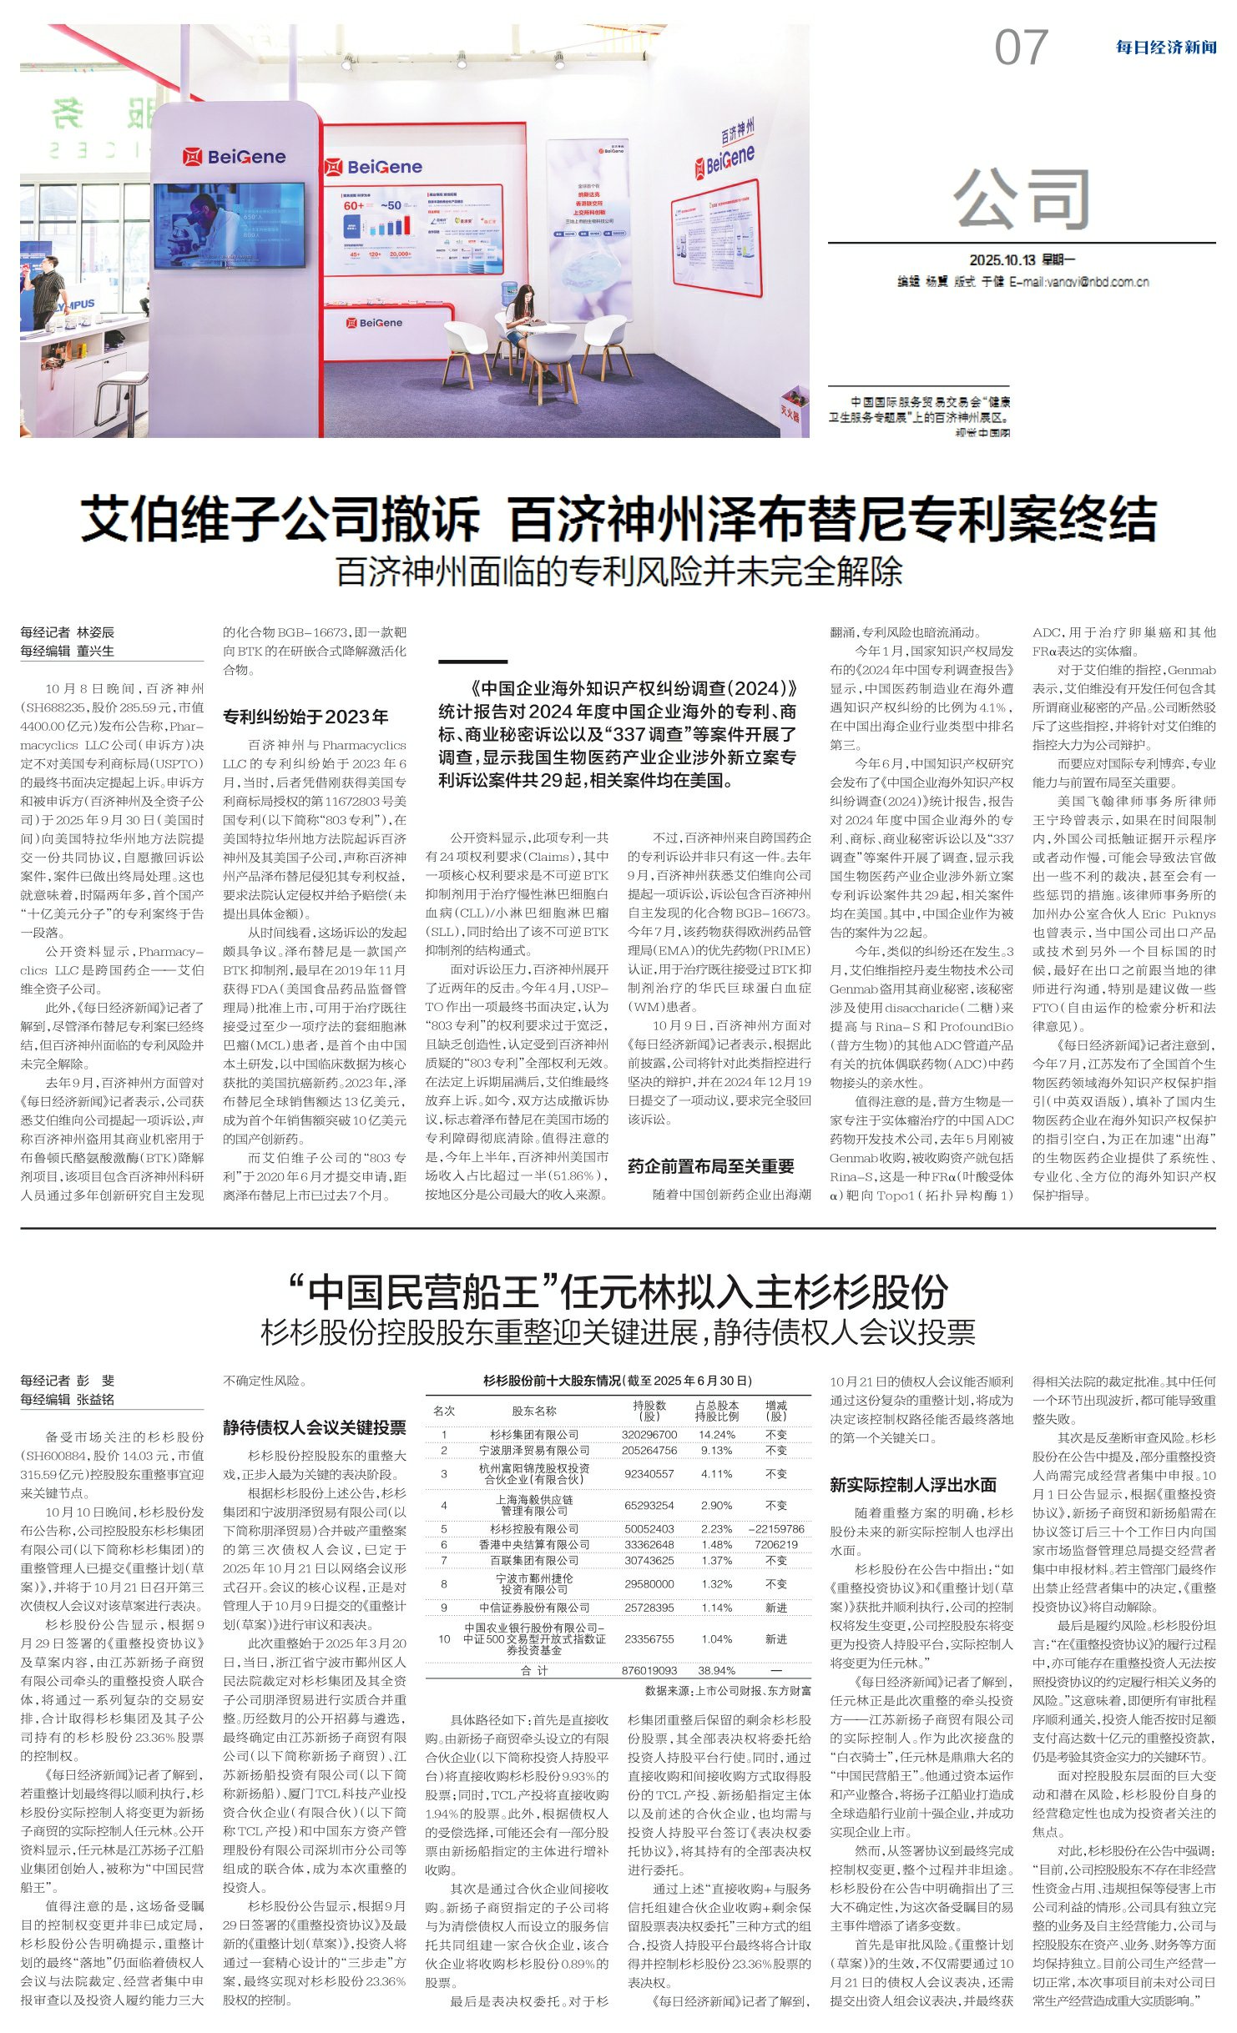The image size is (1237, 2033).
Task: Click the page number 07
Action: click(1020, 48)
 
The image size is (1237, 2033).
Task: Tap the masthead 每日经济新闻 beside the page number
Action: click(1165, 48)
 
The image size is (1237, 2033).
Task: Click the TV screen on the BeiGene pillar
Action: click(229, 225)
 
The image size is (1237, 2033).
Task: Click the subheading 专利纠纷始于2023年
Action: click(305, 717)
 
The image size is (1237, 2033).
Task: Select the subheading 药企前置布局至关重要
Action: click(710, 1166)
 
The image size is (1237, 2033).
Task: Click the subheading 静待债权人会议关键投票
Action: click(314, 1427)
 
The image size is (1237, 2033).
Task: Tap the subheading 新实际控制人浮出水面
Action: click(912, 1484)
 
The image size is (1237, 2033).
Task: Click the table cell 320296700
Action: click(649, 1434)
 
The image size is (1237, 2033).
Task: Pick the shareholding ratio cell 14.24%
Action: click(717, 1434)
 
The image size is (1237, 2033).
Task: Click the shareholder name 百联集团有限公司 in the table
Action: click(534, 1560)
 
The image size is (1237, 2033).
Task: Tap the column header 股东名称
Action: click(534, 1411)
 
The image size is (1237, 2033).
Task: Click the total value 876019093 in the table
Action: click(649, 1670)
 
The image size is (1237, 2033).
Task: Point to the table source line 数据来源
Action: click(727, 1690)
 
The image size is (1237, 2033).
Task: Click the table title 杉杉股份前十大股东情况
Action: click(618, 1381)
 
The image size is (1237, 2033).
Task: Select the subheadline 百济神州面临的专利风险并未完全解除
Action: click(618, 571)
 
